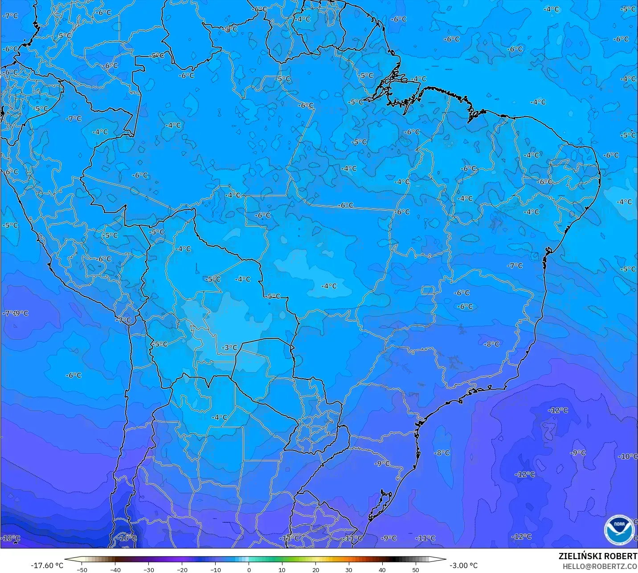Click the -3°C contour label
230,347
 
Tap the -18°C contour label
11,538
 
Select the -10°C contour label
628,456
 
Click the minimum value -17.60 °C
47,565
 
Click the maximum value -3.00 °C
464,565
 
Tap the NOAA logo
619,529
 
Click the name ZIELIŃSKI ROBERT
598,556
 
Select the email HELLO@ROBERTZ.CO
600,566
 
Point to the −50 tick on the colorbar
82,569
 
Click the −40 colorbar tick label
115,569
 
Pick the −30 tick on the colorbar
149,569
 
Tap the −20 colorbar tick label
182,569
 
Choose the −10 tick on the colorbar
216,569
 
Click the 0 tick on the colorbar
249,569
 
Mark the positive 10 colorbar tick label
282,569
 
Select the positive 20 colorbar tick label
315,569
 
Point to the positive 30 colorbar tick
349,569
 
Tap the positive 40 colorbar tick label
382,569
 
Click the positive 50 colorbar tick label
416,569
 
